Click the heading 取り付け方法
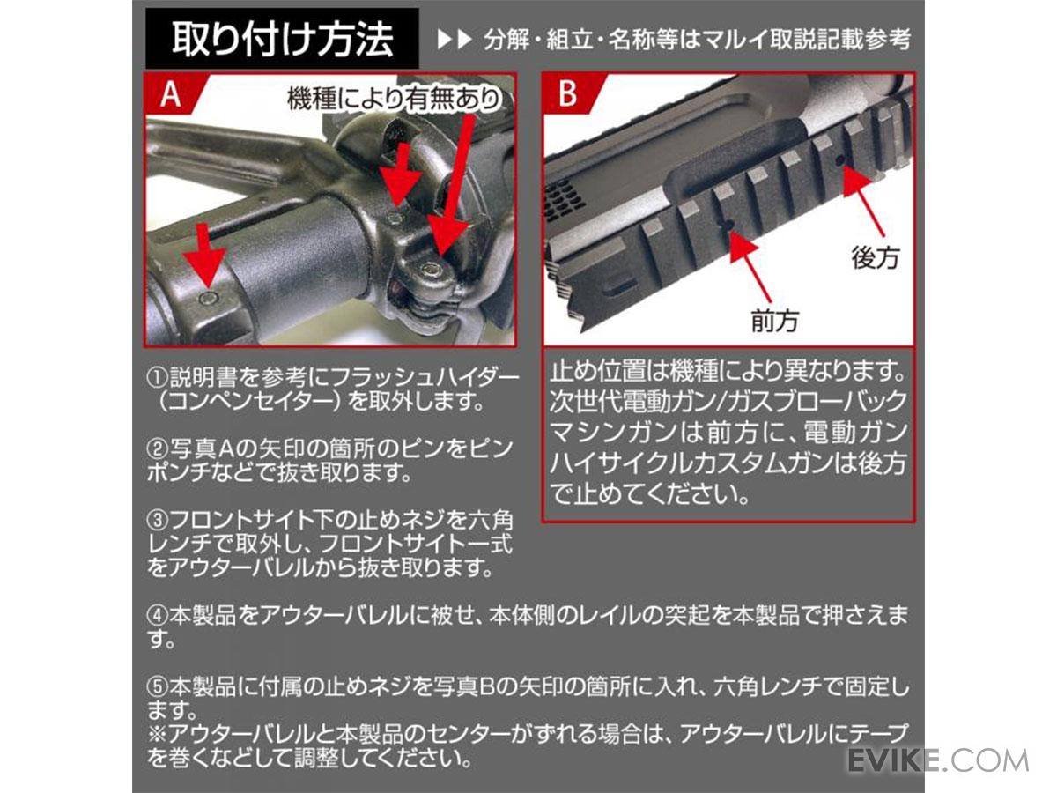[x=283, y=39]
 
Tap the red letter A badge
[x=172, y=93]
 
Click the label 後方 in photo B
[x=875, y=258]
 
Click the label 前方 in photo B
[x=775, y=320]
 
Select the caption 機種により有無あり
[x=394, y=99]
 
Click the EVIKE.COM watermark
[x=938, y=760]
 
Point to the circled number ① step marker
[x=158, y=378]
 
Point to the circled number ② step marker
[x=158, y=448]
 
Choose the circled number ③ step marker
[x=158, y=520]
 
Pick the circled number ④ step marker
[x=158, y=615]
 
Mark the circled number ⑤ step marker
[x=158, y=686]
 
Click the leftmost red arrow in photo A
[x=204, y=258]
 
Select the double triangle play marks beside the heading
[x=455, y=40]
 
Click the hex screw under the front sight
[x=430, y=272]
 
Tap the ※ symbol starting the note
[x=158, y=733]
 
